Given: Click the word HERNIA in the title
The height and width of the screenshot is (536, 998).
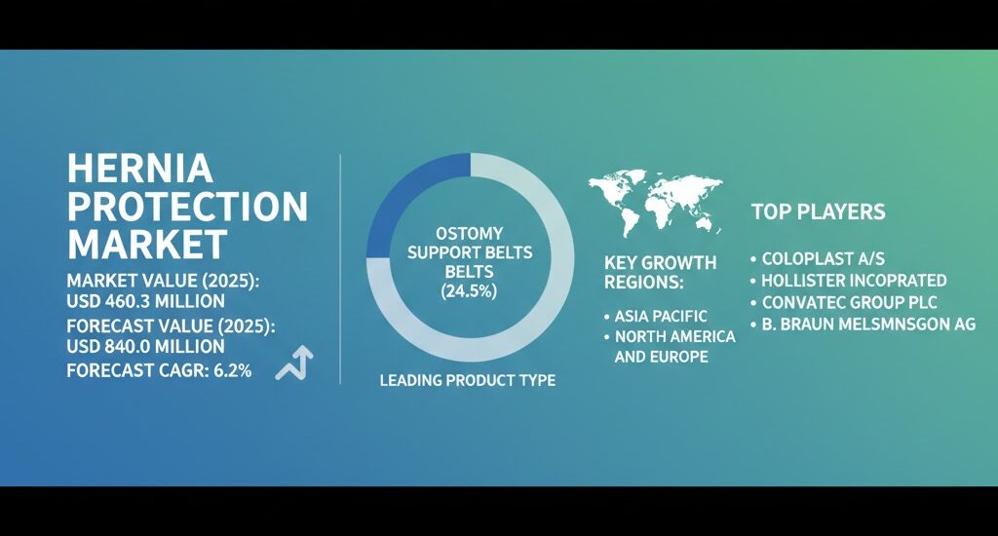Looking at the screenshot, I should coord(139,170).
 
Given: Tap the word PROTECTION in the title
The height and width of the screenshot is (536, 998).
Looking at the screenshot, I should coord(187,206).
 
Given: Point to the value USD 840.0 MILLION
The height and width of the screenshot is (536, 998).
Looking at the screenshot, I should coord(146,346).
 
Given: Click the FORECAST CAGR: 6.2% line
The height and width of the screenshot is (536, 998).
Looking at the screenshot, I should coord(160,370).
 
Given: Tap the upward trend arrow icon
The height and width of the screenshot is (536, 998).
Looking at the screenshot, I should coord(294,364).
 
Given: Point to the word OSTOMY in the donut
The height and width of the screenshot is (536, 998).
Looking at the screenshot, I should coord(469,233).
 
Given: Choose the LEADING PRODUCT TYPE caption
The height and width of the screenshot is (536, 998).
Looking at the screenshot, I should coord(468,380).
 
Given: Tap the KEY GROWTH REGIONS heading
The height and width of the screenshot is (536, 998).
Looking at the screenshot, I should coord(660,272).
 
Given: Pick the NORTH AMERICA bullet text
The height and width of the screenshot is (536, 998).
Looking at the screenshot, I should coord(674,336).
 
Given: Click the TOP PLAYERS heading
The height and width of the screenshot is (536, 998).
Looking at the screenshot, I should coord(819,211).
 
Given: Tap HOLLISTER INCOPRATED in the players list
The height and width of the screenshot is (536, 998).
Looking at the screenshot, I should coord(854,281).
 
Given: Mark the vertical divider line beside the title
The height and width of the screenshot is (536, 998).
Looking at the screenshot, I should coord(339,268).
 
